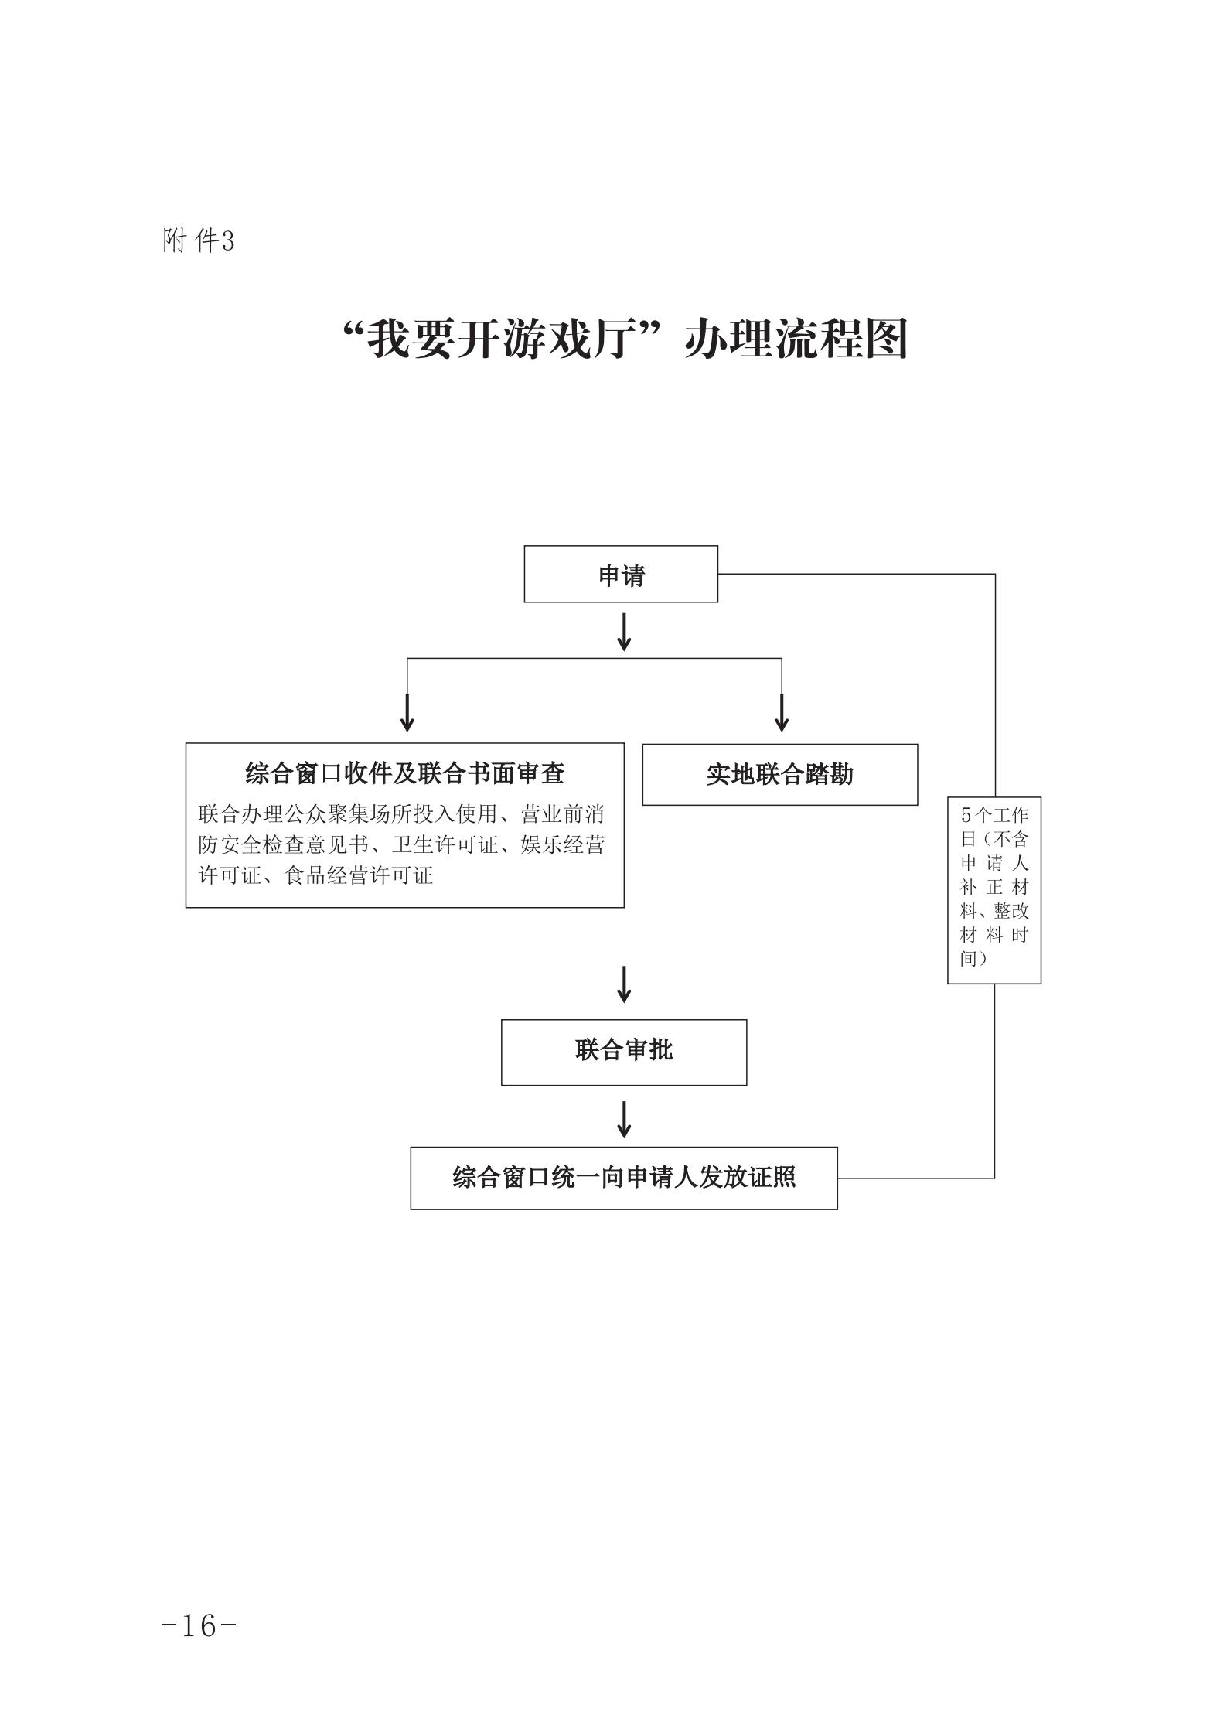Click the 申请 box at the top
tap(621, 575)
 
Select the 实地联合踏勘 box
tap(779, 774)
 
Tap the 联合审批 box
tap(623, 1052)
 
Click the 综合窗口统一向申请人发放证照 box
tap(623, 1178)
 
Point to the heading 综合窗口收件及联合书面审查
tap(404, 773)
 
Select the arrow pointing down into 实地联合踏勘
tap(782, 712)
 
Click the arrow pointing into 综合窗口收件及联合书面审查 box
tap(407, 712)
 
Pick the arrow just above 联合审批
tap(624, 984)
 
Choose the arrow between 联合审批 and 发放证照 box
tap(624, 1119)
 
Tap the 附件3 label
tap(198, 241)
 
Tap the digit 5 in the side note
tap(965, 815)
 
